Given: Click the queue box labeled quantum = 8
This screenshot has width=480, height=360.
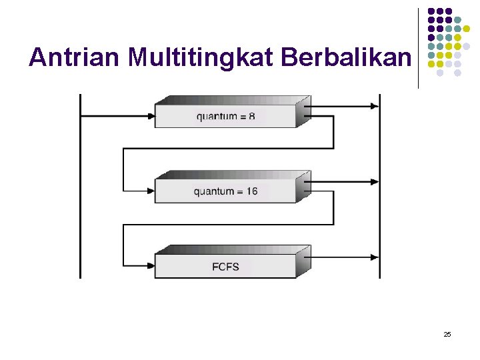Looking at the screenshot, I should (x=225, y=116).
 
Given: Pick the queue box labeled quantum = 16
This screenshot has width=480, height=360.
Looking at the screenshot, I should (x=225, y=191).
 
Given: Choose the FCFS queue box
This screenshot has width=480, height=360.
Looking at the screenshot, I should (x=225, y=267).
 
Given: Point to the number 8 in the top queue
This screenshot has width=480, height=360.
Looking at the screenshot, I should (x=251, y=117).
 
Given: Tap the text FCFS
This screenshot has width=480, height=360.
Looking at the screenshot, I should (x=225, y=267).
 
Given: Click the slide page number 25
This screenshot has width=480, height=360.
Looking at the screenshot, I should (x=447, y=333).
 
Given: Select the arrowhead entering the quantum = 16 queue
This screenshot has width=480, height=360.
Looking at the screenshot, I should (x=150, y=191).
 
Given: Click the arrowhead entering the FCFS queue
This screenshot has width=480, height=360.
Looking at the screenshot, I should (x=150, y=267).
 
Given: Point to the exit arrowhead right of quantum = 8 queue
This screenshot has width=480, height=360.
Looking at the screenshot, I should (x=374, y=106).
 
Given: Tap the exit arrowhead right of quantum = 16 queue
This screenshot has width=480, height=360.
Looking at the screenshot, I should (x=374, y=181).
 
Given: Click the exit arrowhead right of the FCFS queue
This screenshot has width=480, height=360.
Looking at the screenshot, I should (x=374, y=257).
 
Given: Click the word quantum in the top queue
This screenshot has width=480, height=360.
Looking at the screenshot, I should (x=217, y=117).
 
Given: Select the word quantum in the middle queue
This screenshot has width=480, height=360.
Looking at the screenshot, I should (x=215, y=191).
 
